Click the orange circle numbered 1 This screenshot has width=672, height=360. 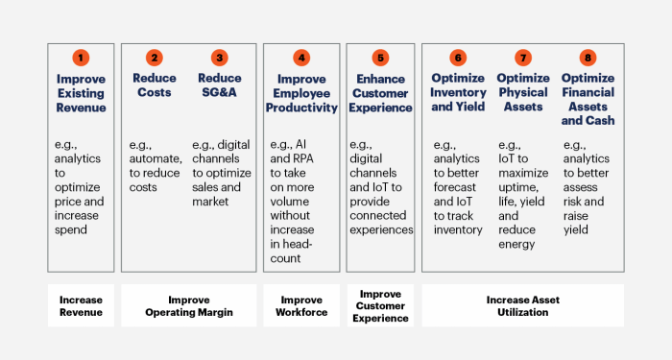pos(81,57)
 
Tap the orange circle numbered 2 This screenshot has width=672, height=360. pos(153,57)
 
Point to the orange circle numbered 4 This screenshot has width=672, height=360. pos(301,57)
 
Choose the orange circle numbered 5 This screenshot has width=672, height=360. pos(380,57)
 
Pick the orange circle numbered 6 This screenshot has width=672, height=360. pos(458,57)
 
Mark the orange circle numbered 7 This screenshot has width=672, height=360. pos(523,57)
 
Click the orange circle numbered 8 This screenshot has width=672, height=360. pos(588,57)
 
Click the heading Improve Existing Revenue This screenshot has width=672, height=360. pos(81,93)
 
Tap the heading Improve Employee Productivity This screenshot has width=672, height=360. pos(301,93)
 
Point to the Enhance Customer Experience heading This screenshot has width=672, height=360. pos(380,93)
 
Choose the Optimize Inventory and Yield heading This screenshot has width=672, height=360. pos(458,93)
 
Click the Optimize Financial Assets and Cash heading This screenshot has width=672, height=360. pos(588,100)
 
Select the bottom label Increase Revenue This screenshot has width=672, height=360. pos(81,304)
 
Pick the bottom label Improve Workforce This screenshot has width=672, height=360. pos(301,304)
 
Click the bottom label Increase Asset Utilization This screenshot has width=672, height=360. pos(523,304)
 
